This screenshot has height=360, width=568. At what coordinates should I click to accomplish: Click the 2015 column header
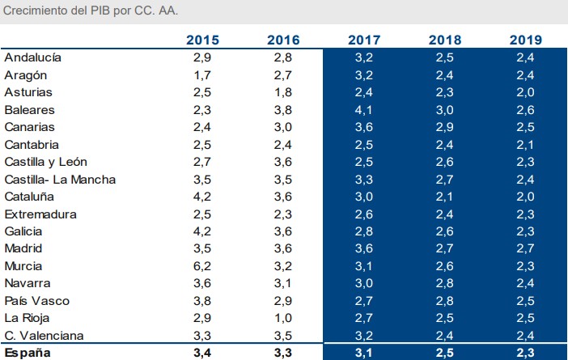pos(202,40)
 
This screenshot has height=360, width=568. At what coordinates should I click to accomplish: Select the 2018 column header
pos(445,40)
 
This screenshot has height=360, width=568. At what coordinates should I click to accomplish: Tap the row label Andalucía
pos(33,57)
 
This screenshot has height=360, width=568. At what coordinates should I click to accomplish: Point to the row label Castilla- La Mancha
pos(60,180)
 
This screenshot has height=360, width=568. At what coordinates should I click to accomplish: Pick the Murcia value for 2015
pos(202,266)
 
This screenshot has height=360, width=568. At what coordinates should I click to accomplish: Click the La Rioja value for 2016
pos(283,319)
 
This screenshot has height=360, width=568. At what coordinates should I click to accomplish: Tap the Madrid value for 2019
pos(526,249)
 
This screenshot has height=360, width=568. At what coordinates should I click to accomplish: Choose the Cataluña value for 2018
pos(445,197)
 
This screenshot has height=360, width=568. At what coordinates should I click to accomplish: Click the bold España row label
pos(28,353)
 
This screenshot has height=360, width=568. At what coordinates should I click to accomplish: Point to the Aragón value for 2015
pos(202,75)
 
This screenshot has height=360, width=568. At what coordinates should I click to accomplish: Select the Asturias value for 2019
pos(526,92)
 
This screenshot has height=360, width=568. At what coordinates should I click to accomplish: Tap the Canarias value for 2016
pos(283,127)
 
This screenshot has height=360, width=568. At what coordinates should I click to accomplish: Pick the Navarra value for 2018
pos(445,284)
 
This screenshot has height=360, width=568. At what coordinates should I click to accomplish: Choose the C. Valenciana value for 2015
pos(202,336)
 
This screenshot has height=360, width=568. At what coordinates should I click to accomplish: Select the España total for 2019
pos(526,353)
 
